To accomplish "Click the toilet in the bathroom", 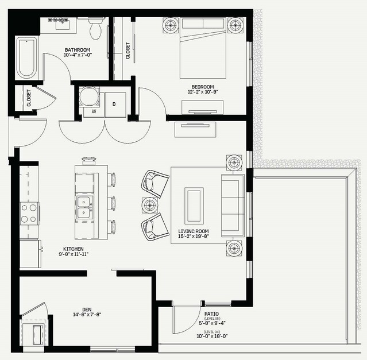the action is tap(95, 28).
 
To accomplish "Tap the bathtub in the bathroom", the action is tap(26, 58).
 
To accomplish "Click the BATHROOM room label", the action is tap(78, 50).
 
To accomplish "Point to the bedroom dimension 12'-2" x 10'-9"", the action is tap(203, 92).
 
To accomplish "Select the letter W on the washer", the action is tap(94, 111).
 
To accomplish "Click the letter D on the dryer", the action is tap(114, 104).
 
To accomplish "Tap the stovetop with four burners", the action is tap(29, 214).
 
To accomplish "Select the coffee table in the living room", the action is tap(194, 206).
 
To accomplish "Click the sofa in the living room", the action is tap(233, 206).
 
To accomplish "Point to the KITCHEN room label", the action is tap(74, 249).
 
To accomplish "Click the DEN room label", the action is tap(87, 309).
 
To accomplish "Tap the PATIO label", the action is tap(211, 314).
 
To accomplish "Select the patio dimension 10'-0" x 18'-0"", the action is tap(213, 336).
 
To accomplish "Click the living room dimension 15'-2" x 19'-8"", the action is tap(194, 236).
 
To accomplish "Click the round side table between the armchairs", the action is tap(150, 206).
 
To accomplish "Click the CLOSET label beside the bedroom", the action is tap(128, 51).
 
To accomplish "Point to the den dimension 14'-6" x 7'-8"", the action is tap(87, 315).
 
